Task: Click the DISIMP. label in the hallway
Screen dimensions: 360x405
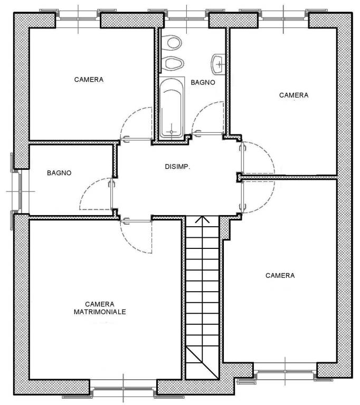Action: point(177,167)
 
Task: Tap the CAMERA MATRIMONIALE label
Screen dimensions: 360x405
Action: point(100,308)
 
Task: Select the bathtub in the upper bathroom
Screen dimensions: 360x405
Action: point(172,108)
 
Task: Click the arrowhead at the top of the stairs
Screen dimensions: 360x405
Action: point(203,219)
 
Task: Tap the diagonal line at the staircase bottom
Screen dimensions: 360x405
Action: point(202,363)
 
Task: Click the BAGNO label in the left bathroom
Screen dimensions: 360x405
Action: point(59,173)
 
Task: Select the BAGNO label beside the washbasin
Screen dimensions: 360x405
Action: point(203,82)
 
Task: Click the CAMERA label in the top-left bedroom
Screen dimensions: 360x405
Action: point(89,80)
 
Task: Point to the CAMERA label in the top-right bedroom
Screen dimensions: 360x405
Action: point(294,95)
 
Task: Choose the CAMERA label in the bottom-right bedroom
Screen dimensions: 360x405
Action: point(280,276)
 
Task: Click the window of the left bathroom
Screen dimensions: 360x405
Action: point(20,191)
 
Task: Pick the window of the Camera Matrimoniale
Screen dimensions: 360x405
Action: point(124,389)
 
